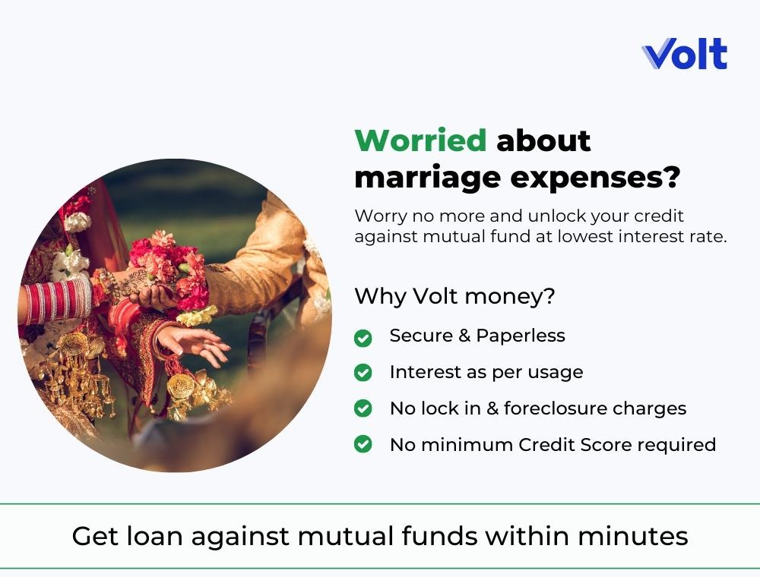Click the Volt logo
[685, 54]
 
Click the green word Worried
[420, 141]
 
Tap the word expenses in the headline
[595, 178]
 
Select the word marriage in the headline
[427, 179]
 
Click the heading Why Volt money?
[454, 296]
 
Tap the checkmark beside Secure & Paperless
[363, 338]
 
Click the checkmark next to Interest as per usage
[363, 373]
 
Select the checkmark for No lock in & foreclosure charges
[363, 408]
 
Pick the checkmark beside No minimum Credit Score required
[363, 444]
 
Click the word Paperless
[521, 336]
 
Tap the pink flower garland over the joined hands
[169, 269]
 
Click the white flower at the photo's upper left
[77, 222]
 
